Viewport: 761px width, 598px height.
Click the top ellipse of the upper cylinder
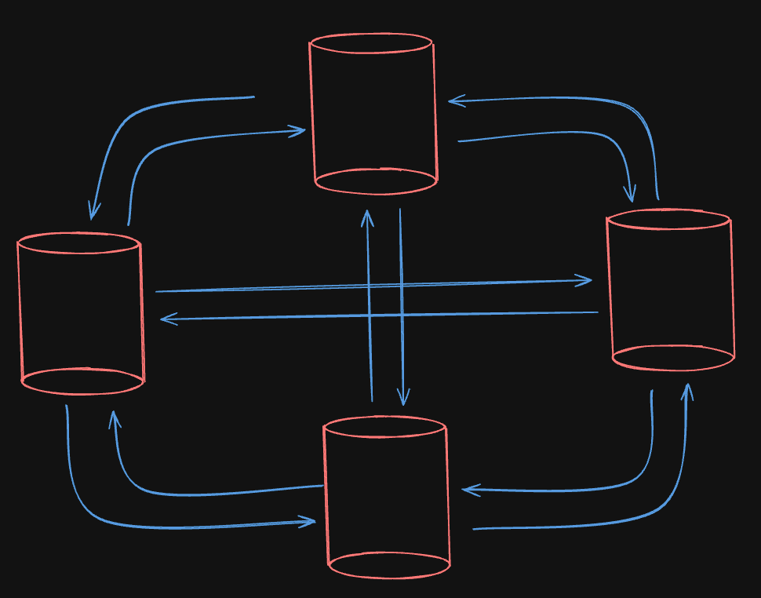tap(371, 43)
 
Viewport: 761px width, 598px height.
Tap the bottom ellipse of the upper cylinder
tap(376, 180)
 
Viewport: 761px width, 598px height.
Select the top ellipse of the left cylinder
tap(78, 242)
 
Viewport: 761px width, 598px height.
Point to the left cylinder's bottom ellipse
tap(82, 381)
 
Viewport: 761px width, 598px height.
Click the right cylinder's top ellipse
tap(668, 219)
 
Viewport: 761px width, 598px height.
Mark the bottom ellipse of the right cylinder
tap(673, 358)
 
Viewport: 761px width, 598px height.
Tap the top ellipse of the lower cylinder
tap(384, 427)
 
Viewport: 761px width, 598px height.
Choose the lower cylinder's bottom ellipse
tap(389, 564)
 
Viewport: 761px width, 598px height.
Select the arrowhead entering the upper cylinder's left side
tap(304, 131)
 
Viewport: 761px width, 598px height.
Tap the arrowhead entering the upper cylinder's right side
tap(450, 100)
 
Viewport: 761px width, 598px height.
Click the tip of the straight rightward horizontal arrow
tap(591, 280)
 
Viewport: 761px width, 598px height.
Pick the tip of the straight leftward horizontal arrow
tap(162, 319)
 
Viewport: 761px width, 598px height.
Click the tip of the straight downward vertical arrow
tap(403, 403)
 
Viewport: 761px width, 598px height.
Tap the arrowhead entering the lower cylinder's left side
tap(315, 522)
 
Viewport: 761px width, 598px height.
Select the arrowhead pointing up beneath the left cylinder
tap(114, 413)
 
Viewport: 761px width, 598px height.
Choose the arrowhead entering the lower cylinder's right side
tap(464, 490)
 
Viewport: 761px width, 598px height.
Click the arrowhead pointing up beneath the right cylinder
tap(688, 386)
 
